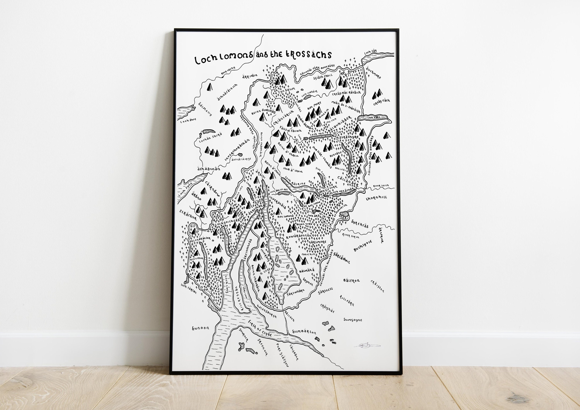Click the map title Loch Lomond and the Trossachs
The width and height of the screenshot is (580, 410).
[x=263, y=57]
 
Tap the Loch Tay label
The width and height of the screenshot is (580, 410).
[x=370, y=52]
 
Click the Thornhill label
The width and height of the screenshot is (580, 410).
[x=376, y=198]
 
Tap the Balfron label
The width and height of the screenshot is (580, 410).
[x=351, y=280]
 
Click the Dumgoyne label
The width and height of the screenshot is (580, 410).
[x=353, y=320]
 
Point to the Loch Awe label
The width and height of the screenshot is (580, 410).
[x=188, y=121]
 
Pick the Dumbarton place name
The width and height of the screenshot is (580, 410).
[x=304, y=332]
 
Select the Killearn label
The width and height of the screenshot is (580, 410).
[x=347, y=300]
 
